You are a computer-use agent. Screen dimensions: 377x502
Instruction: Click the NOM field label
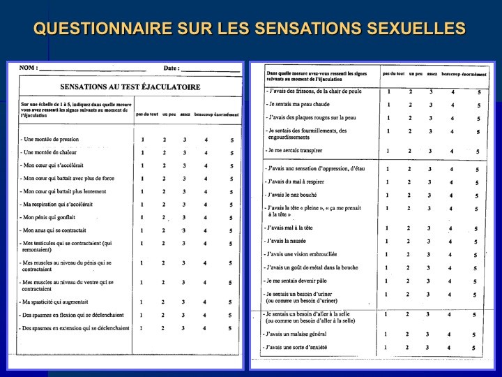tap(28, 68)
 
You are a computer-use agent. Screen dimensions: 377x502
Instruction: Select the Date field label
tap(171, 68)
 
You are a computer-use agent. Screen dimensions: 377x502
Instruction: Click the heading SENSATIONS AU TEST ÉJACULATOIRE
tap(130, 87)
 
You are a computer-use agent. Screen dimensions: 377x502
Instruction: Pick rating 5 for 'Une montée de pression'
tap(231, 140)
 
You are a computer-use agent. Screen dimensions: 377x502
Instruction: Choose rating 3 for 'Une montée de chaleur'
tap(185, 152)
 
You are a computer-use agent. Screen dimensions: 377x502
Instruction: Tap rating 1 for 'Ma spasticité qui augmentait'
tap(142, 302)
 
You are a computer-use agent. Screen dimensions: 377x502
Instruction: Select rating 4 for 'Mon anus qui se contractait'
tap(206, 230)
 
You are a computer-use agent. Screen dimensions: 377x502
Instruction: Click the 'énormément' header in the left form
tap(226, 114)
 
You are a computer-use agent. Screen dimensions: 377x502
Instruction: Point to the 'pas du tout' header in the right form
tap(393, 73)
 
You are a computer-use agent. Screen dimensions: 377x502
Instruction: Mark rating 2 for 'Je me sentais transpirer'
tap(410, 151)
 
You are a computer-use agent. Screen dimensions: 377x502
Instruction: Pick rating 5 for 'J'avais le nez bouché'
tap(478, 195)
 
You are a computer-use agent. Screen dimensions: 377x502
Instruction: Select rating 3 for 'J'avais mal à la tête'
tap(431, 228)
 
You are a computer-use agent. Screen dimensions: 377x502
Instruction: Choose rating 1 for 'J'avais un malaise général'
tap(386, 334)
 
